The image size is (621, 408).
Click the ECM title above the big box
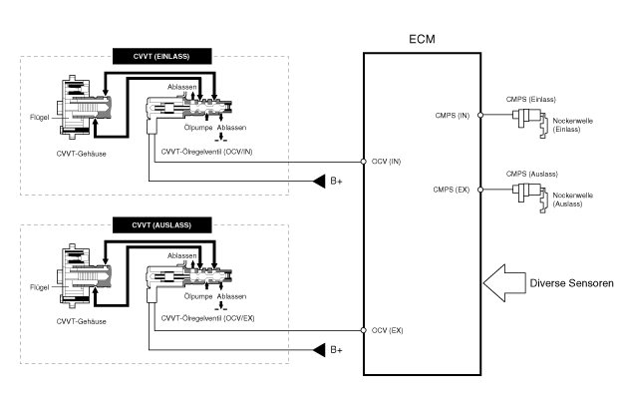coord(424,39)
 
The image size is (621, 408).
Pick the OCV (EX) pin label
coord(386,330)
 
